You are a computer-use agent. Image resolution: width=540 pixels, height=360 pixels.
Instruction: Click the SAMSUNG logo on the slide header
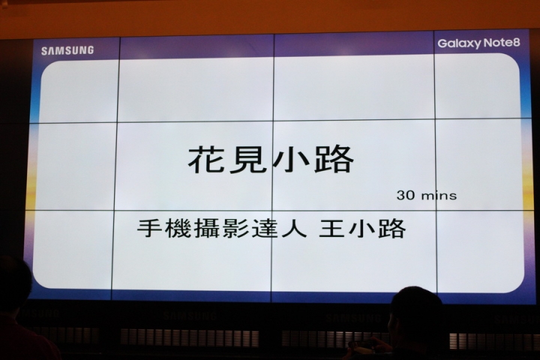pyautogui.click(x=67, y=50)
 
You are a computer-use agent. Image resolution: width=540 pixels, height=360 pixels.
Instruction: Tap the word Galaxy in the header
pyautogui.click(x=459, y=43)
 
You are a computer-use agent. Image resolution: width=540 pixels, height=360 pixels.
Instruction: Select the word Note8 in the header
pyautogui.click(x=502, y=42)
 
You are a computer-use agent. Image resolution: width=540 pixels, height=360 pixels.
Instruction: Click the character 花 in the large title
pyautogui.click(x=205, y=160)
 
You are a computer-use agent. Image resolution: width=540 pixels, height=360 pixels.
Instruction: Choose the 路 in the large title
pyautogui.click(x=334, y=159)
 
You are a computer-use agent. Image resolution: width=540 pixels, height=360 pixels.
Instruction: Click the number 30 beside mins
pyautogui.click(x=406, y=195)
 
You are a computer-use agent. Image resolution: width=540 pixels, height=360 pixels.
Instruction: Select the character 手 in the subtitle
pyautogui.click(x=150, y=229)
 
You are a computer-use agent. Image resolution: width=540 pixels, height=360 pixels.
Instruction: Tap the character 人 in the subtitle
pyautogui.click(x=294, y=229)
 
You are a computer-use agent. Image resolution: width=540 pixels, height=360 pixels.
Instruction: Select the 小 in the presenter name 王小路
pyautogui.click(x=361, y=228)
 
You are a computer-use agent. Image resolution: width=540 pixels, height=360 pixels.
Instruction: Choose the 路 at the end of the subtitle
pyautogui.click(x=391, y=228)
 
